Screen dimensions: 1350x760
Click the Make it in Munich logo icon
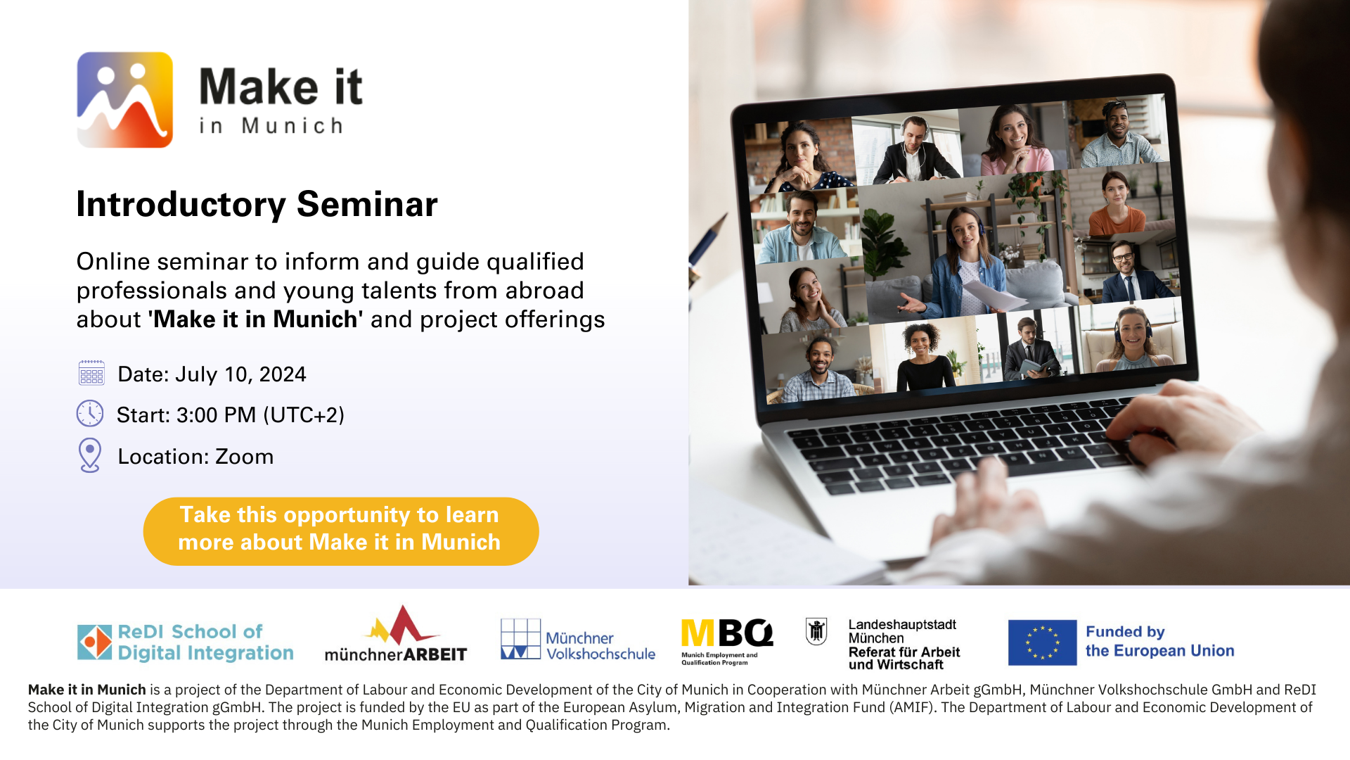click(124, 100)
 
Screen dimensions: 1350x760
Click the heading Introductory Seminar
click(257, 204)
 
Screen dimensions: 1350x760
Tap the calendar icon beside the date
click(91, 373)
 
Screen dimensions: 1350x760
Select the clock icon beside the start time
click(90, 414)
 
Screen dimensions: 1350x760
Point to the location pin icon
click(90, 455)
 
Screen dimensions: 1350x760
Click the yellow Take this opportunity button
click(341, 531)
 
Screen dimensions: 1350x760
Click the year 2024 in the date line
click(283, 374)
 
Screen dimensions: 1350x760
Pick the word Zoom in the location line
click(244, 457)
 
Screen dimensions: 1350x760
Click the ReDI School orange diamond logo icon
click(95, 642)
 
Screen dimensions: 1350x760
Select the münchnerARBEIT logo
click(396, 634)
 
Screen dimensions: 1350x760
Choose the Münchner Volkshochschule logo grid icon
click(520, 639)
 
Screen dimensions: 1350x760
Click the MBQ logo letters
click(727, 633)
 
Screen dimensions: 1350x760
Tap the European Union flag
click(1042, 642)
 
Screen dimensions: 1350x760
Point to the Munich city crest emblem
click(816, 631)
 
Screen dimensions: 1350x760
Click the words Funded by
click(1125, 632)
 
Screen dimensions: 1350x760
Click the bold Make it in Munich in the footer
click(87, 690)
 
